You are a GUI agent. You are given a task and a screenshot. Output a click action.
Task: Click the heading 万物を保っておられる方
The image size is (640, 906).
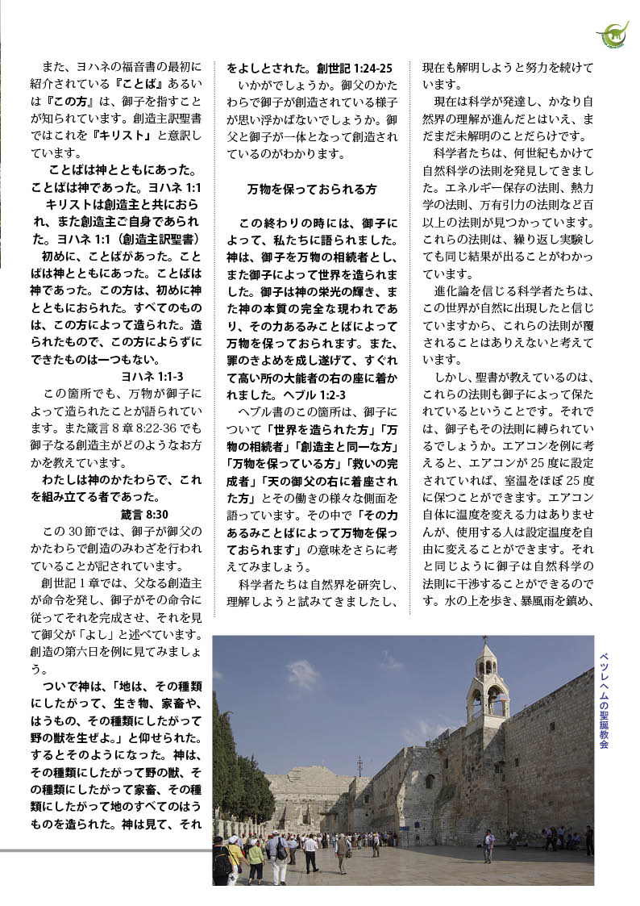[311, 190]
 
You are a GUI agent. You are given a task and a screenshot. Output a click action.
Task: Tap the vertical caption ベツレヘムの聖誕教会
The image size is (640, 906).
[604, 701]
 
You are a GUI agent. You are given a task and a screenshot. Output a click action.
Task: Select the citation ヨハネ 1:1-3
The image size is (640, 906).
[152, 376]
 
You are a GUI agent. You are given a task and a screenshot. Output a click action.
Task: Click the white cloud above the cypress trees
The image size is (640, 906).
[302, 674]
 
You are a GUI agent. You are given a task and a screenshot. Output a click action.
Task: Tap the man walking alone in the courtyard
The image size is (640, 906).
[488, 845]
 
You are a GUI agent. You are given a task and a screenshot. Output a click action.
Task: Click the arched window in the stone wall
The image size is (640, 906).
[430, 781]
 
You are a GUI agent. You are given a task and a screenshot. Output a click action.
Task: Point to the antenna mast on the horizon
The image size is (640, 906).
[359, 765]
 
